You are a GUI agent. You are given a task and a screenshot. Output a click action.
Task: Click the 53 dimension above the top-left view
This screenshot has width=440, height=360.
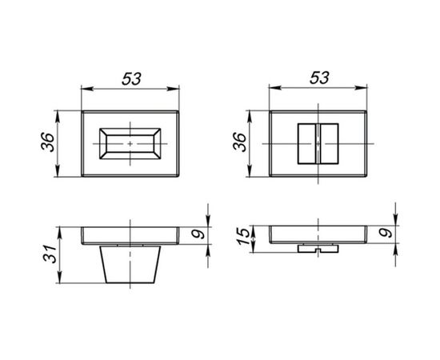[x=131, y=79]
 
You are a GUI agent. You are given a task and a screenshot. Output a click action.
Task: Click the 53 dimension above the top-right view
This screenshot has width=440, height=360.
[x=319, y=78]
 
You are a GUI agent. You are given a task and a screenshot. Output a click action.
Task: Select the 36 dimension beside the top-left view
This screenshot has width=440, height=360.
[x=48, y=142]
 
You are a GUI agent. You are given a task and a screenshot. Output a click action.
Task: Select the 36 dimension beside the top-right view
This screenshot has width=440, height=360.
[x=240, y=142]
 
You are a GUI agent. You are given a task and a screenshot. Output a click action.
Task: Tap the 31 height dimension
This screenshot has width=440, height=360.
[x=50, y=254]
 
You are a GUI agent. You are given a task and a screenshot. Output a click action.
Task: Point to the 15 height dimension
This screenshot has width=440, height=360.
[x=243, y=236]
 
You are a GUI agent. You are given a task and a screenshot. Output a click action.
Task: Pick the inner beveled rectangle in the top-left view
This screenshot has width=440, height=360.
[x=130, y=144]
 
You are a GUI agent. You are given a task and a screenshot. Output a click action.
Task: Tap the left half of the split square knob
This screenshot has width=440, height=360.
[x=307, y=144]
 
